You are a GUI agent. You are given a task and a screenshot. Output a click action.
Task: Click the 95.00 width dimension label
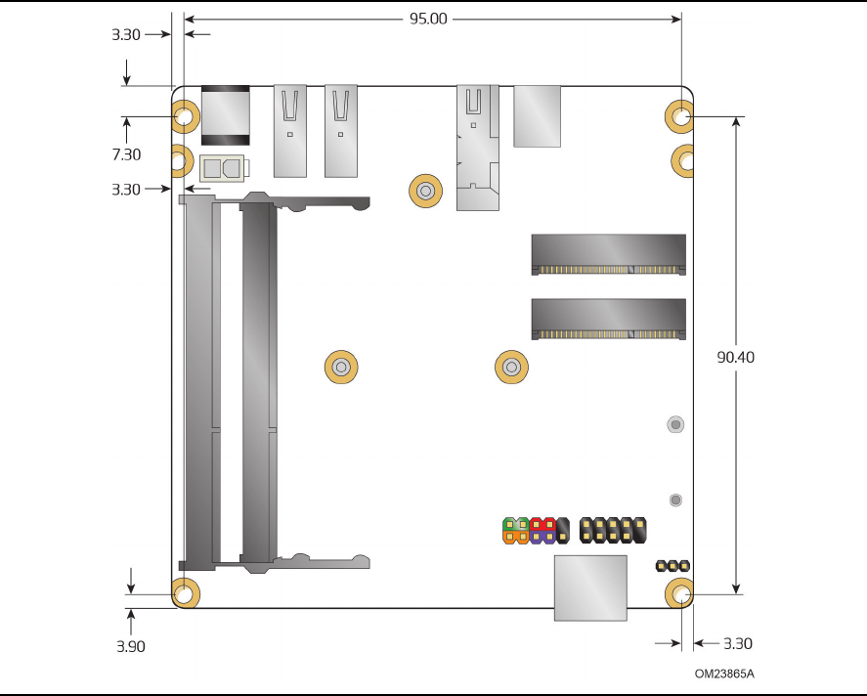[x=428, y=19]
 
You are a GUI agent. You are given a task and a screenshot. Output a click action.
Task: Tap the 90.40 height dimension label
[x=735, y=357]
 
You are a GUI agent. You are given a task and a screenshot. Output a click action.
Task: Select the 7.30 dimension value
[x=126, y=154]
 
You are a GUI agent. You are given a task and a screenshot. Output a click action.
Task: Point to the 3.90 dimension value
[x=131, y=646]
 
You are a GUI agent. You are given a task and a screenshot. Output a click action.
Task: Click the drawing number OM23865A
[x=724, y=674]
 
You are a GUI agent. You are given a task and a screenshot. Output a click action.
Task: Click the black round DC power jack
[x=225, y=115]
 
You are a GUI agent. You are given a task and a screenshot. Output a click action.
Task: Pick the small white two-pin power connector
[x=222, y=167]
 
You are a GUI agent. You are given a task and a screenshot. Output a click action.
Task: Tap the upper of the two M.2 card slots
[x=608, y=254]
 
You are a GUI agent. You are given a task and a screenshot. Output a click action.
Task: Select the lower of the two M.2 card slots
[x=608, y=319]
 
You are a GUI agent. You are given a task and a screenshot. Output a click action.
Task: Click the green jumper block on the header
[x=516, y=524]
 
